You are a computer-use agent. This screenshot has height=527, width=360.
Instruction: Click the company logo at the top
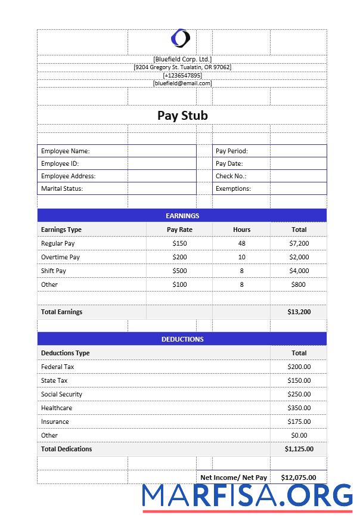click(181, 38)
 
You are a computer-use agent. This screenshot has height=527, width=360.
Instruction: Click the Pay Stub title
click(182, 115)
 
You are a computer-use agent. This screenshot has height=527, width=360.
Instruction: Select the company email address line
click(182, 83)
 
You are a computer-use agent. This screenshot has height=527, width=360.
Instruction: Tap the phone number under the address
click(182, 75)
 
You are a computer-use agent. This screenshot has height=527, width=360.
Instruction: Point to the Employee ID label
click(60, 163)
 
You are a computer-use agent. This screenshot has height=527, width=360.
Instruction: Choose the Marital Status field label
click(62, 188)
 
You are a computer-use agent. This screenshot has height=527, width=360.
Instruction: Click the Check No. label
click(231, 176)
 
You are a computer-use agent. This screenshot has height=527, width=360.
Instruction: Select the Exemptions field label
click(233, 188)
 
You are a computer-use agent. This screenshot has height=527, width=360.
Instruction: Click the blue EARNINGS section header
click(182, 216)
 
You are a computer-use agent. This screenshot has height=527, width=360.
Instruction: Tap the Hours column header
click(241, 230)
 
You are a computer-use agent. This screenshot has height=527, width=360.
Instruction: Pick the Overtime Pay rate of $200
click(179, 257)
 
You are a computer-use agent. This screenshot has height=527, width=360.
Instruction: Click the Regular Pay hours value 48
click(241, 243)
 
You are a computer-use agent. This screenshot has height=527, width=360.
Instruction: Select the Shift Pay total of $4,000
click(299, 271)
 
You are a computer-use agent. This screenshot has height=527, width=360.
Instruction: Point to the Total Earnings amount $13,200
click(299, 312)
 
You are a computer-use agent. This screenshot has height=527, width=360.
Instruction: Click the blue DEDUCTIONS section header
click(182, 339)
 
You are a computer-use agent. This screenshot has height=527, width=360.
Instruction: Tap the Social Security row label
click(62, 394)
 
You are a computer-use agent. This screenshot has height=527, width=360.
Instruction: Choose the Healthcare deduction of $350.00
click(299, 408)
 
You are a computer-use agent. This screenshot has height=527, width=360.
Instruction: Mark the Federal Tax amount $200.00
click(299, 367)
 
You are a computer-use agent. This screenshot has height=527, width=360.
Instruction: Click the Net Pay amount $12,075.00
click(299, 477)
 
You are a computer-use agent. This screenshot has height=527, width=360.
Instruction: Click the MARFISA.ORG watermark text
click(248, 496)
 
